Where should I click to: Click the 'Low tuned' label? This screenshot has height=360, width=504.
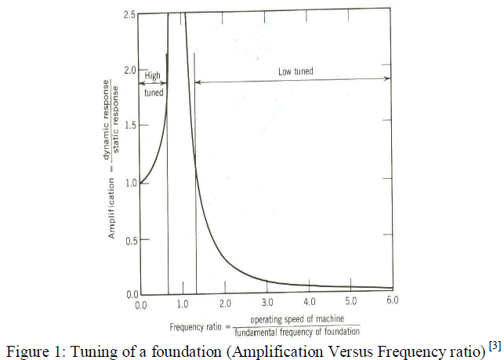pyautogui.click(x=296, y=71)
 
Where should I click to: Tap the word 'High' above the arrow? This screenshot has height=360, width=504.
pyautogui.click(x=153, y=76)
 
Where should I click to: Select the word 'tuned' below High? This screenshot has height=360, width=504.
pyautogui.click(x=154, y=93)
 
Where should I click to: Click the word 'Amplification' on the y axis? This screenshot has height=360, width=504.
pyautogui.click(x=112, y=207)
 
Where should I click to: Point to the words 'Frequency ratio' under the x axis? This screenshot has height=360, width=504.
pyautogui.click(x=194, y=325)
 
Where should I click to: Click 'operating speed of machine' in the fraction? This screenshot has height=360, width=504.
pyautogui.click(x=299, y=319)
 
